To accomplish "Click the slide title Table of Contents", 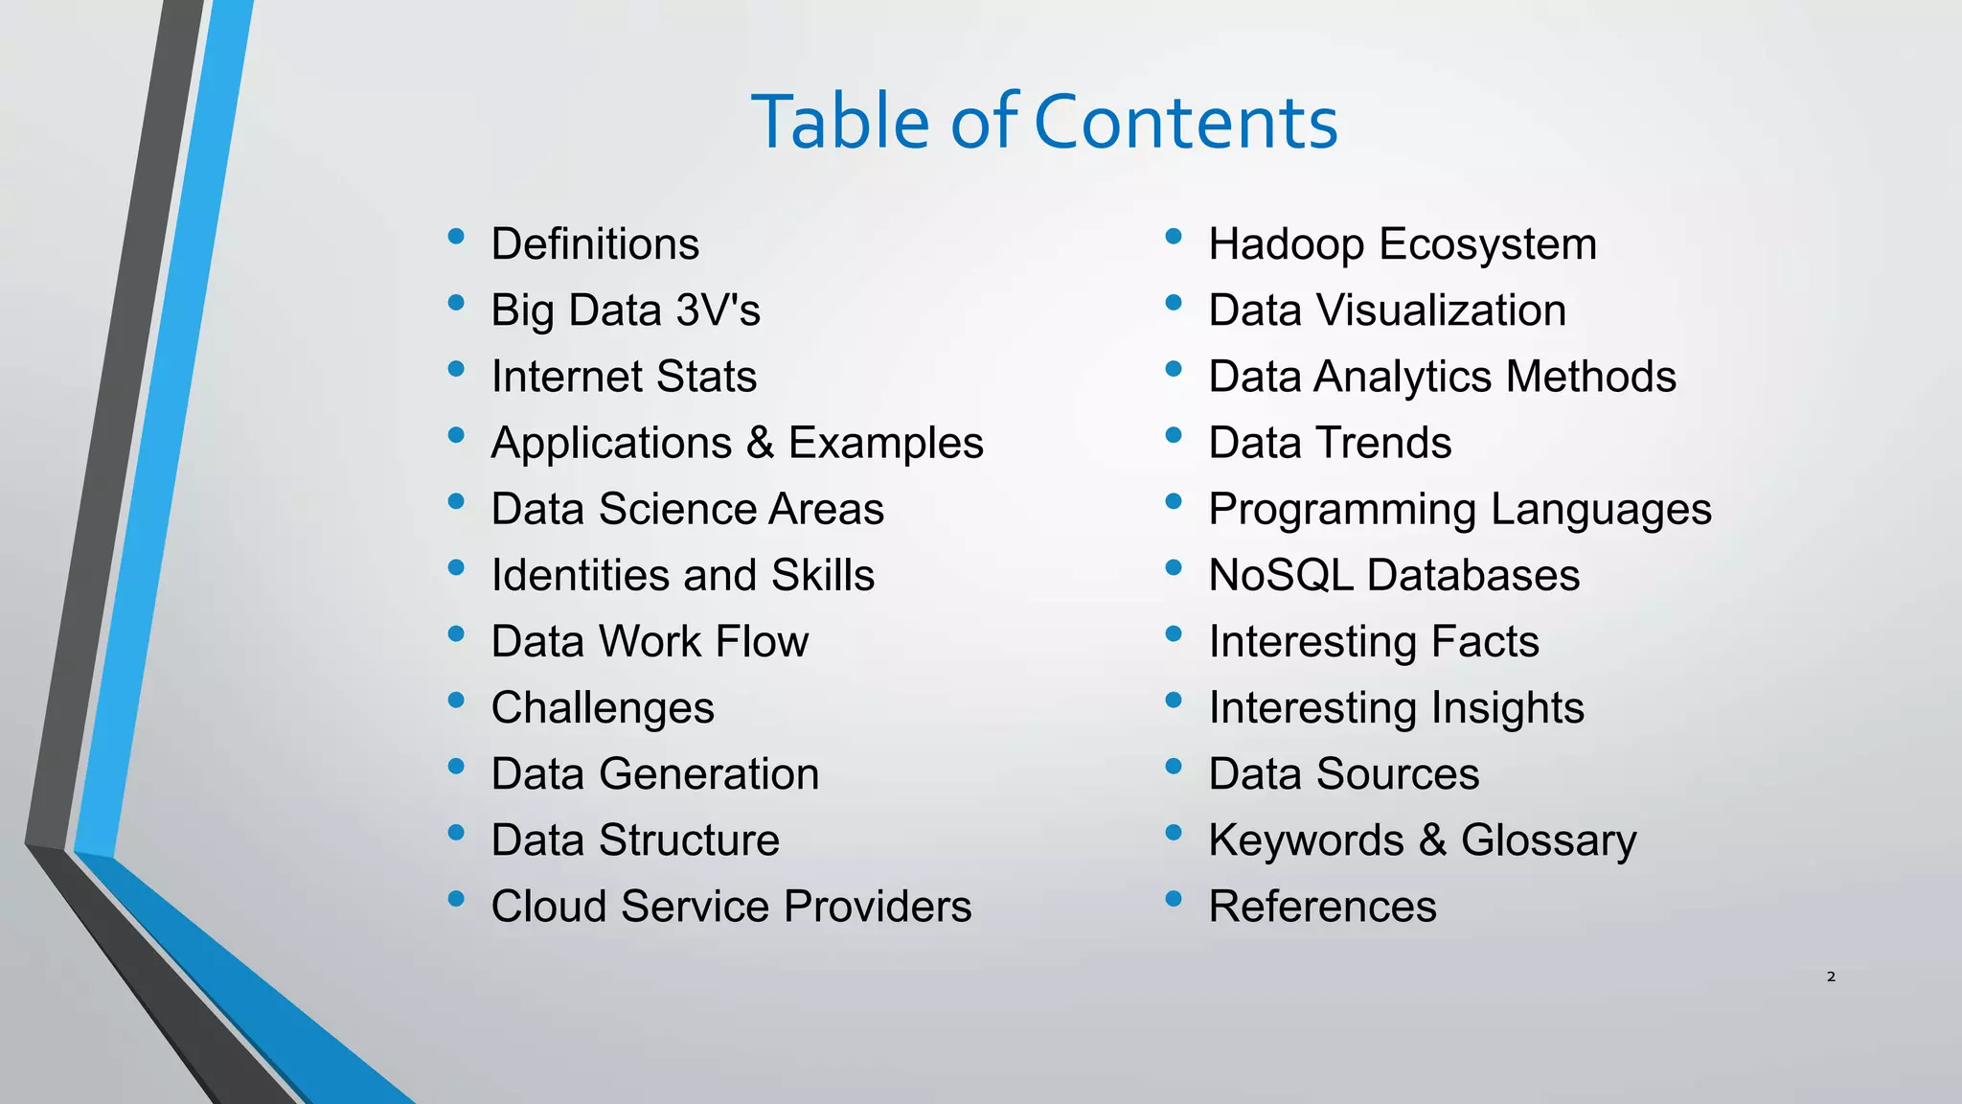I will coord(1044,122).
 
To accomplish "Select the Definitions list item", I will coord(595,243).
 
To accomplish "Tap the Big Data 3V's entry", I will coord(626,310).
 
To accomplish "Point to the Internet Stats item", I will coord(624,377).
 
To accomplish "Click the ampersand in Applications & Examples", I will coord(760,443).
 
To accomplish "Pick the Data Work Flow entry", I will coord(650,641).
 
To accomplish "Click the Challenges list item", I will coord(603,708).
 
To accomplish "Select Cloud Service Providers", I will coord(731,907).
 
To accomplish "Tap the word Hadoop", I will coord(1286,244).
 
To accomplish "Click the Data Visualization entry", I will coord(1387,310).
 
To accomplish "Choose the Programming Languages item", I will coord(1459,509).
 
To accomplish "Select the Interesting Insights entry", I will coord(1396,708).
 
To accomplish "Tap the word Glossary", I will coord(1548,840).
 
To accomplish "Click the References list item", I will coord(1322,907).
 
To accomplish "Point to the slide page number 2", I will coord(1831,977).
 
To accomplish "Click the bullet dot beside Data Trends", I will coord(1174,435).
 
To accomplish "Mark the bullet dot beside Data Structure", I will coord(456,832).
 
